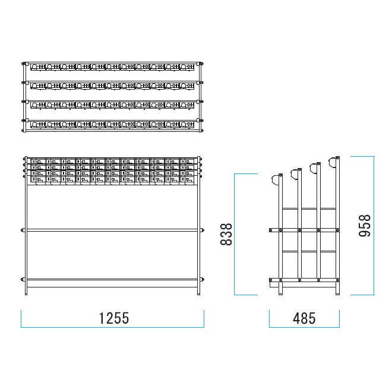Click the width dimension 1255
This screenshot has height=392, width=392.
(x=114, y=318)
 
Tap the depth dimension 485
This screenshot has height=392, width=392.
(x=304, y=318)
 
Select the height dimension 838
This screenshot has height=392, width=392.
(x=226, y=234)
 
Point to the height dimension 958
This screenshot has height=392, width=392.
(x=365, y=226)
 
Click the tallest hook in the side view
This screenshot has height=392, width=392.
(x=333, y=163)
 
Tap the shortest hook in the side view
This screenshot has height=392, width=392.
(x=275, y=180)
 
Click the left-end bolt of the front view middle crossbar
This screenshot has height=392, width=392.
(x=23, y=230)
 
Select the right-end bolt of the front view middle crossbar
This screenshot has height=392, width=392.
(x=203, y=230)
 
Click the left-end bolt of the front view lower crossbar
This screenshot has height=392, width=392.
(x=23, y=279)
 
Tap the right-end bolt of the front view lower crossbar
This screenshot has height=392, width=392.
(x=203, y=279)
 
